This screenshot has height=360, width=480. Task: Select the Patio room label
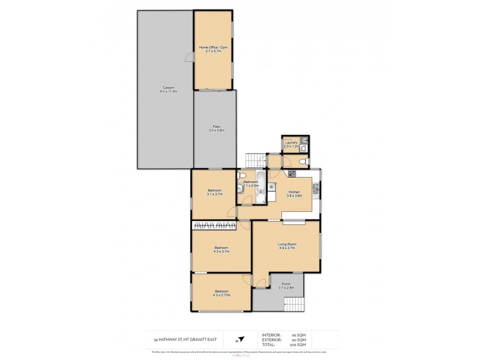[215, 128]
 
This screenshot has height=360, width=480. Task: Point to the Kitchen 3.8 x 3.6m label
[294, 193]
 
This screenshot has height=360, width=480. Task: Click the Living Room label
[286, 245]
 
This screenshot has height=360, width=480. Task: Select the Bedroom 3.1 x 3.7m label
[214, 192]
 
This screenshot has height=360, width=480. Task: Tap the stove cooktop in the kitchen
[292, 173]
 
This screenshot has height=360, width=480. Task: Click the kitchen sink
[319, 191]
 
